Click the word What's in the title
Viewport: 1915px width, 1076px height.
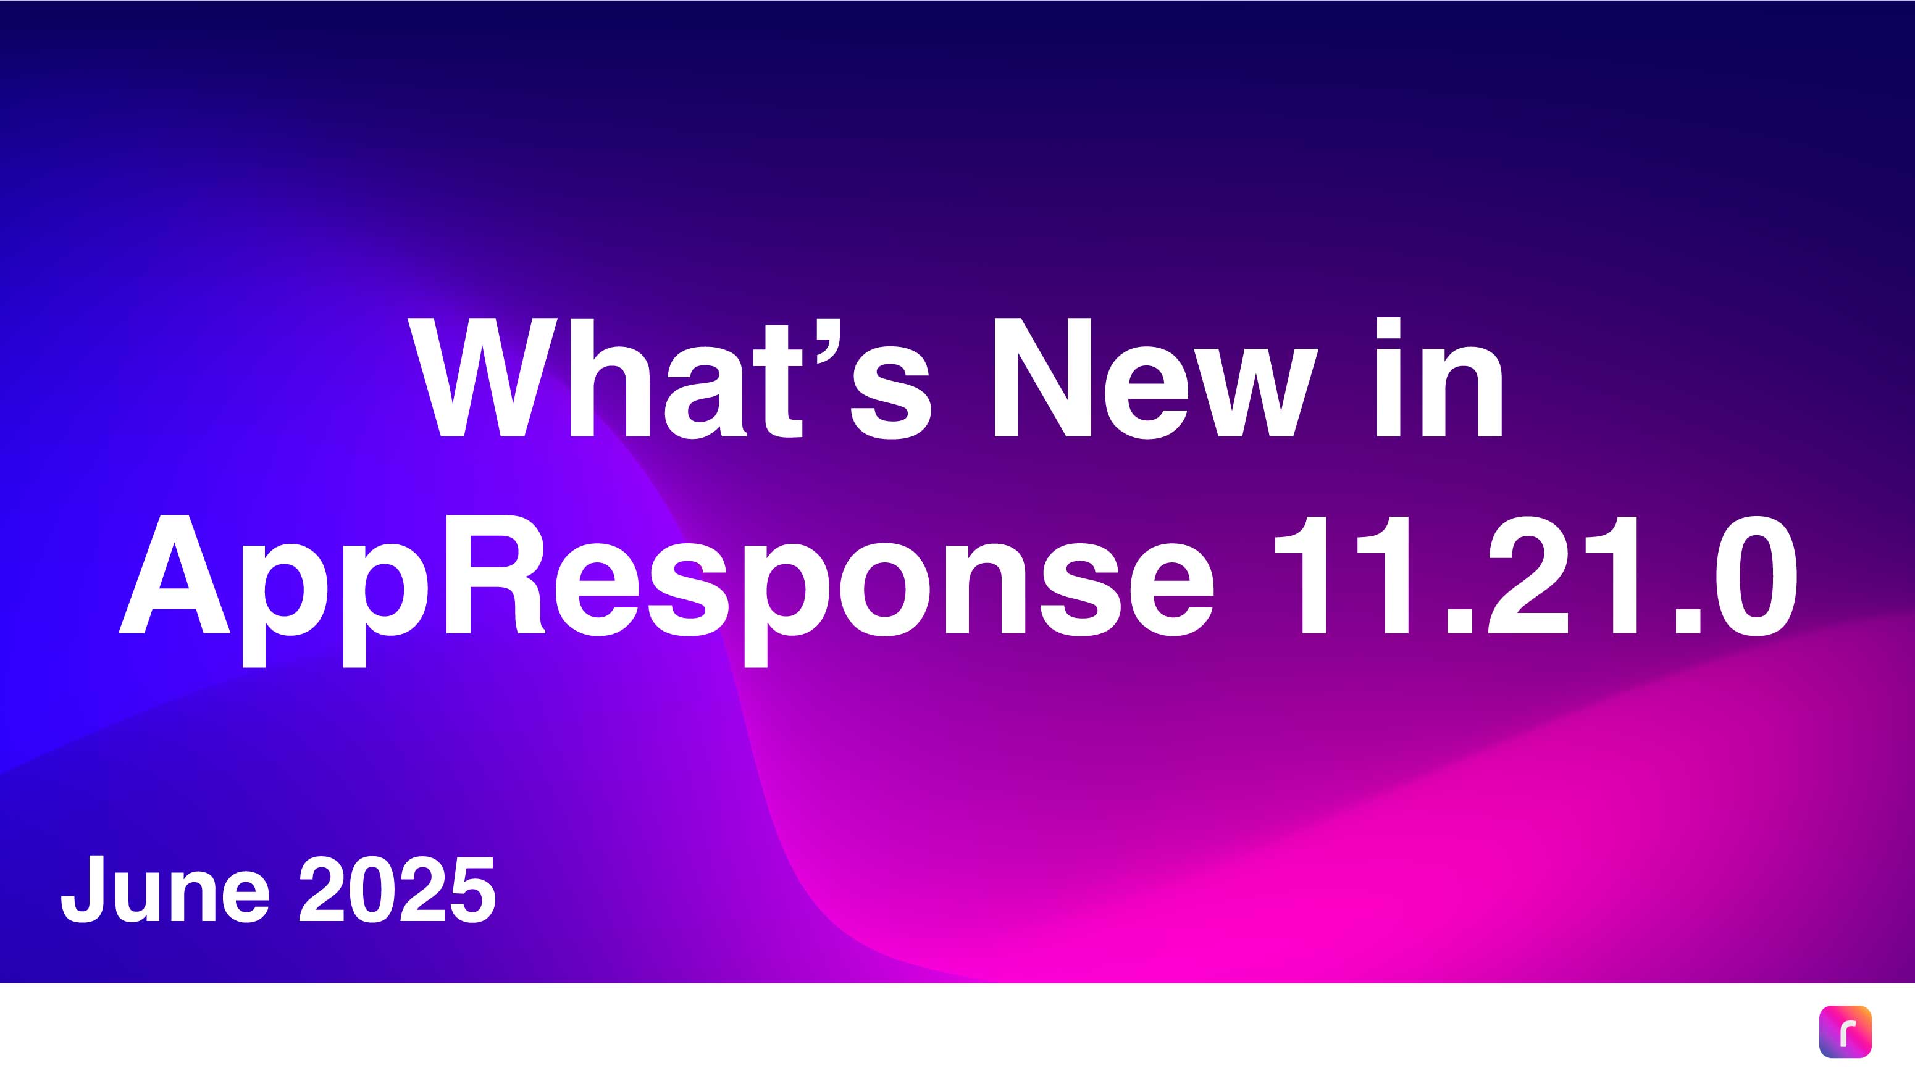coord(669,377)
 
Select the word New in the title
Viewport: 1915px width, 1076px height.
coord(1156,377)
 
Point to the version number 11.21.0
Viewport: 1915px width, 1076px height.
coord(1536,576)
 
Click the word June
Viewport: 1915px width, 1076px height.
coord(165,889)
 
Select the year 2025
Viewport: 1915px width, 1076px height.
coord(397,889)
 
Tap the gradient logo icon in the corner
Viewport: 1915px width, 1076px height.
coord(1845,1032)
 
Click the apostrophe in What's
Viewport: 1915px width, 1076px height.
coord(828,343)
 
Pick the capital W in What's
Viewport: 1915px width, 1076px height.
coord(482,377)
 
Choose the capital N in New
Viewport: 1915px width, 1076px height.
coord(1042,377)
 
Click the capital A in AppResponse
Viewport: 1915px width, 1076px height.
coord(175,574)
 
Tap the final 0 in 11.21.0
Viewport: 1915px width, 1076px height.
coord(1756,576)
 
